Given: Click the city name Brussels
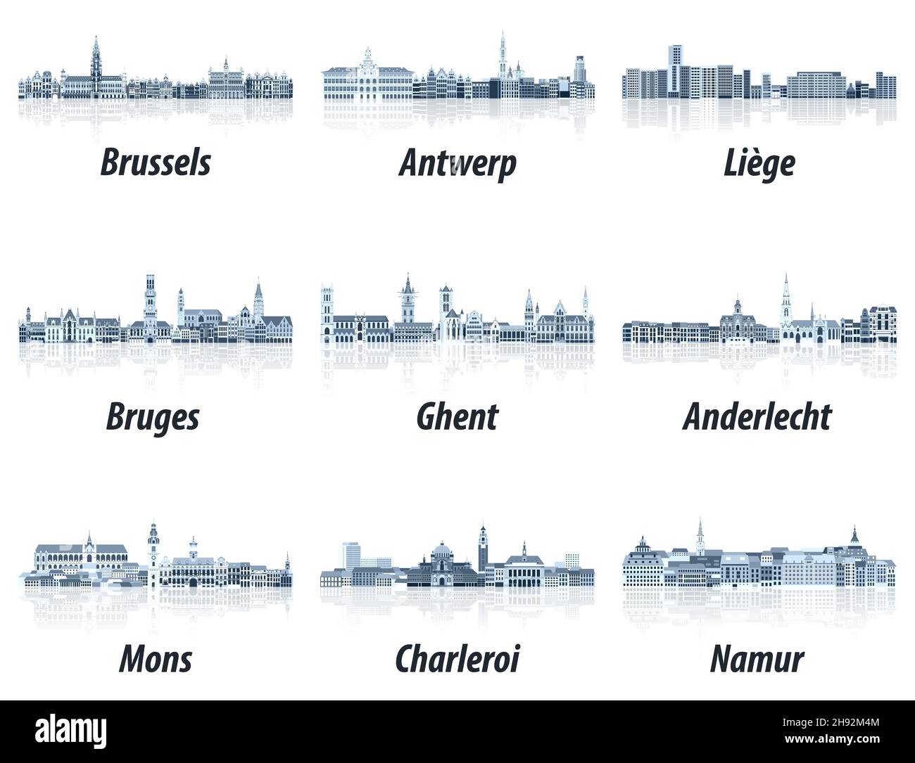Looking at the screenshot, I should click(x=156, y=162).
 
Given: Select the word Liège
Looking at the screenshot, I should click(x=759, y=162).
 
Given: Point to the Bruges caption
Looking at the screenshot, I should click(x=153, y=418).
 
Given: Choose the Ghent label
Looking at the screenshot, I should click(x=457, y=416).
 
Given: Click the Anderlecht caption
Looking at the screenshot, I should click(x=757, y=416).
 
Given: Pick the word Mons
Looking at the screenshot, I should click(x=156, y=659).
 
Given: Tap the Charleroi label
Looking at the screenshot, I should click(x=458, y=658).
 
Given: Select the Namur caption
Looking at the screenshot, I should click(x=757, y=659).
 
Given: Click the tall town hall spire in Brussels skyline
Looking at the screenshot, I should click(x=95, y=60).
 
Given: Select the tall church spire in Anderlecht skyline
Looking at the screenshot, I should click(x=786, y=299).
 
